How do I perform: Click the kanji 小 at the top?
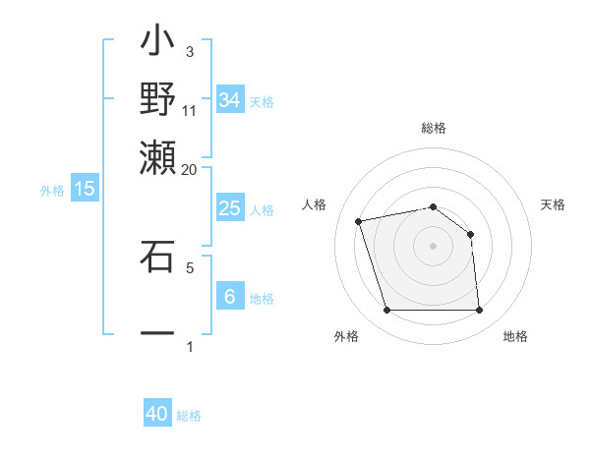click(158, 43)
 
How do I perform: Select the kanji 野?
click(158, 98)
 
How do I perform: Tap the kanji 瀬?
click(158, 153)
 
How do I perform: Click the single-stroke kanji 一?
click(158, 332)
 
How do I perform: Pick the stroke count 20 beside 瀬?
click(189, 169)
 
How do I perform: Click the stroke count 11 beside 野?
click(190, 110)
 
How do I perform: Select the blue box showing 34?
click(230, 100)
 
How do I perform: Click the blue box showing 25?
click(230, 208)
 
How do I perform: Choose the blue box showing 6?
click(230, 297)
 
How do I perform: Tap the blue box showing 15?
click(85, 189)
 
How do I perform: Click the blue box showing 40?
click(157, 414)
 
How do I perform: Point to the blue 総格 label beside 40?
click(189, 416)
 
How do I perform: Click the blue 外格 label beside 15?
click(52, 191)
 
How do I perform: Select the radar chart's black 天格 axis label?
click(554, 204)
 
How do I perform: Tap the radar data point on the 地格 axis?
click(480, 311)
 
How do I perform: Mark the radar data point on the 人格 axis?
click(359, 221)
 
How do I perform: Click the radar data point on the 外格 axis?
click(386, 311)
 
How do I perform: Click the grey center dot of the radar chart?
click(433, 246)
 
